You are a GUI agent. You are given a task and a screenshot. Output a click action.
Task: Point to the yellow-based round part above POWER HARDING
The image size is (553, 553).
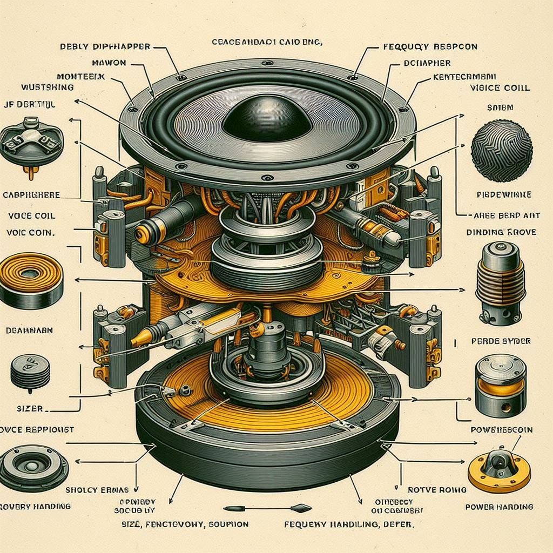496,469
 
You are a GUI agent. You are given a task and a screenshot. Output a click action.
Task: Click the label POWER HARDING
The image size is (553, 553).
499,507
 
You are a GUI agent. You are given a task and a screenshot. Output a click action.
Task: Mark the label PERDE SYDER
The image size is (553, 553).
500,341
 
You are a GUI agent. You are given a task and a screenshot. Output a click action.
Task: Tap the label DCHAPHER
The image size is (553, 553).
428,63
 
